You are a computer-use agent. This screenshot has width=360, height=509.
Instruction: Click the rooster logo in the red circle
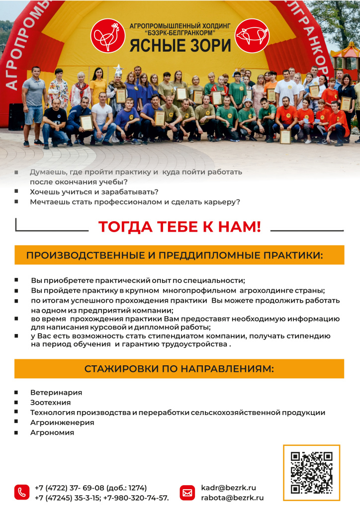108,36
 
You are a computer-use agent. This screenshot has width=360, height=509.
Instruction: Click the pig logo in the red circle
252,36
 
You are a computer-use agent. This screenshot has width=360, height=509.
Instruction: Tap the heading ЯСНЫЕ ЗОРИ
180,45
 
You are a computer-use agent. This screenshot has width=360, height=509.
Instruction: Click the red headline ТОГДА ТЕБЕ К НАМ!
180,227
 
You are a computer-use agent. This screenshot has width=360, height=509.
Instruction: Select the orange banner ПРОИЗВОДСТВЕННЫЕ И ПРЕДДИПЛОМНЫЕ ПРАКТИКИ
179,255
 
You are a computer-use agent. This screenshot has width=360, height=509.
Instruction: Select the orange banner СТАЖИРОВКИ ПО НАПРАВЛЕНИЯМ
179,369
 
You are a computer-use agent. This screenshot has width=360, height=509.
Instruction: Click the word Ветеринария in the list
56,393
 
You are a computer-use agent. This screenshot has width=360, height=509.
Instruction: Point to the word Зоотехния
50,403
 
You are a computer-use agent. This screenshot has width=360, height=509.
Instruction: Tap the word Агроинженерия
62,423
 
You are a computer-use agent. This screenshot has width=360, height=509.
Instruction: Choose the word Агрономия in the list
52,432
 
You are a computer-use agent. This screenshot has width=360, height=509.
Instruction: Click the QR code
311,472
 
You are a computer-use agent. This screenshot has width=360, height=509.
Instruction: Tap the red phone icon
22,492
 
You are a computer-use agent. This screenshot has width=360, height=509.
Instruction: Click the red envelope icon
187,492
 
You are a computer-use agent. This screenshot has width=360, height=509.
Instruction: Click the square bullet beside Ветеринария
17,392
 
